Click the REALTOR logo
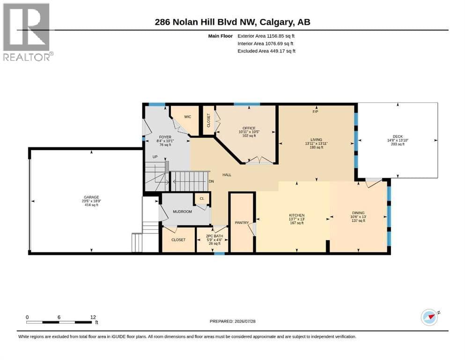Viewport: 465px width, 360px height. coord(28,32)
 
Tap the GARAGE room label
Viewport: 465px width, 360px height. coord(91,197)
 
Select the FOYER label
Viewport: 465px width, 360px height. coord(165,137)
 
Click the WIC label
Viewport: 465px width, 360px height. coord(188,117)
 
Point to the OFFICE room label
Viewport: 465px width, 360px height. coord(249,128)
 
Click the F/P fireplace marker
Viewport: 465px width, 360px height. coord(315,112)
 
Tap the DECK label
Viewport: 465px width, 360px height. coord(398,136)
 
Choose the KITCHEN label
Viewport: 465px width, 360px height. coord(297,215)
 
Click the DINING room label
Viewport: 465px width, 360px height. coord(358,213)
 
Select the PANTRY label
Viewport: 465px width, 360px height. coord(242,223)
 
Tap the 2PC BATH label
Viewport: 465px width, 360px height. coord(214,236)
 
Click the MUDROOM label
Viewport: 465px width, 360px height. coord(182,211)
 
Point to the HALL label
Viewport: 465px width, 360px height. coord(227,175)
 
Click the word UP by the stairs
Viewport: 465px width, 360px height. coord(155,157)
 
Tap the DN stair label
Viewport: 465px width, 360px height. coord(211,181)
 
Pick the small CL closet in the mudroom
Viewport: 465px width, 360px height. coord(202,199)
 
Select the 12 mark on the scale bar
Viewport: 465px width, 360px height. coord(93,317)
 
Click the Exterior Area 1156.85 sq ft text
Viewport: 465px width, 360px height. coord(266,36)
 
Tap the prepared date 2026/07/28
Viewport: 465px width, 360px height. coord(245,321)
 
